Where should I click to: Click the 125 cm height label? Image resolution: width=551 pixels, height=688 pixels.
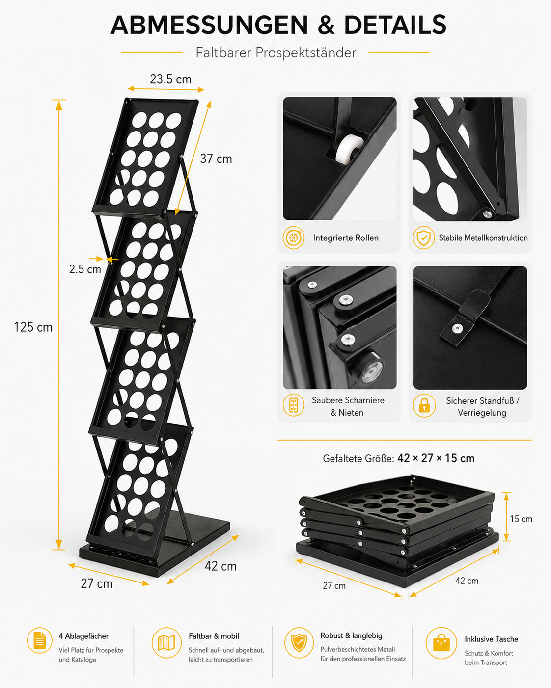33,327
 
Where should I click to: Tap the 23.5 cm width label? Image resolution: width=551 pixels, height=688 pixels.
170,79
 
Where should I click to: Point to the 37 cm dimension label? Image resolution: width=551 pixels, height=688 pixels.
216,159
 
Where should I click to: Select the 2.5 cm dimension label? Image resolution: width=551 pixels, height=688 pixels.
85,269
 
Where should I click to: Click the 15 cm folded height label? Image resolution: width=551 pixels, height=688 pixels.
521,519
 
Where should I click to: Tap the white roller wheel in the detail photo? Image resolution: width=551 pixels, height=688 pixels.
348,149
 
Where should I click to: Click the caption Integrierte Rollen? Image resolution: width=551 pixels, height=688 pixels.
346,238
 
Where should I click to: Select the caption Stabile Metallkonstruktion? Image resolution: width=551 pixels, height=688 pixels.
483,238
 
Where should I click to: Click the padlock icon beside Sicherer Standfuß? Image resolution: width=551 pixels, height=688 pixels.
424,405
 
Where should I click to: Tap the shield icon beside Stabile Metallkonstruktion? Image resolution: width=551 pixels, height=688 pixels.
423,238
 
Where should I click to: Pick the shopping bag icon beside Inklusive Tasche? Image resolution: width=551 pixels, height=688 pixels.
441,642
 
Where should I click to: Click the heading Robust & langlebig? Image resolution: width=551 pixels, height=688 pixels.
351,635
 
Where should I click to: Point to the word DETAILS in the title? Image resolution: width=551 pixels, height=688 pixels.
395,25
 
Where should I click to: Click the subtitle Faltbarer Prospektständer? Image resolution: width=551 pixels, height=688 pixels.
276,53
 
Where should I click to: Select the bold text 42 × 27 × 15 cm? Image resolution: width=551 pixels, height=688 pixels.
436,458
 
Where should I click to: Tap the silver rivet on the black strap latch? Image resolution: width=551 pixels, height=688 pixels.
457,328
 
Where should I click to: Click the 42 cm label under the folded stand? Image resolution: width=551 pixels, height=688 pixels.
467,581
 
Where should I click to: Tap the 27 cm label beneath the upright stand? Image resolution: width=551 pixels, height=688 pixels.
97,583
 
